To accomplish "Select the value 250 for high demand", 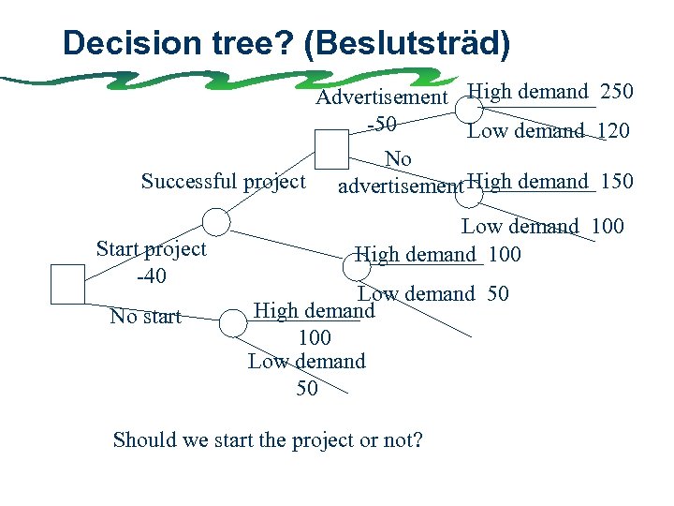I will (616, 92).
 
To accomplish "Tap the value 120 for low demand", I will (612, 130).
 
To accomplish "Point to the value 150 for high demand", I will (616, 182).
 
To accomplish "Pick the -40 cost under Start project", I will (151, 275).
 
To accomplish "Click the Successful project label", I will (223, 181).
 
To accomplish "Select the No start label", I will (145, 317).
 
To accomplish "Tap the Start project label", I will (151, 249).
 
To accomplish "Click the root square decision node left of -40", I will (67, 283).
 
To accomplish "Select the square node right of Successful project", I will (330, 149).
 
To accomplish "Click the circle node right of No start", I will (233, 323).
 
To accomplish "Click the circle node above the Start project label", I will (216, 221).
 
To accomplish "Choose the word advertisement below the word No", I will (400, 186).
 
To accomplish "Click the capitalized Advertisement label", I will (382, 97).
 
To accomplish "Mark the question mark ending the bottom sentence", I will (418, 439).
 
